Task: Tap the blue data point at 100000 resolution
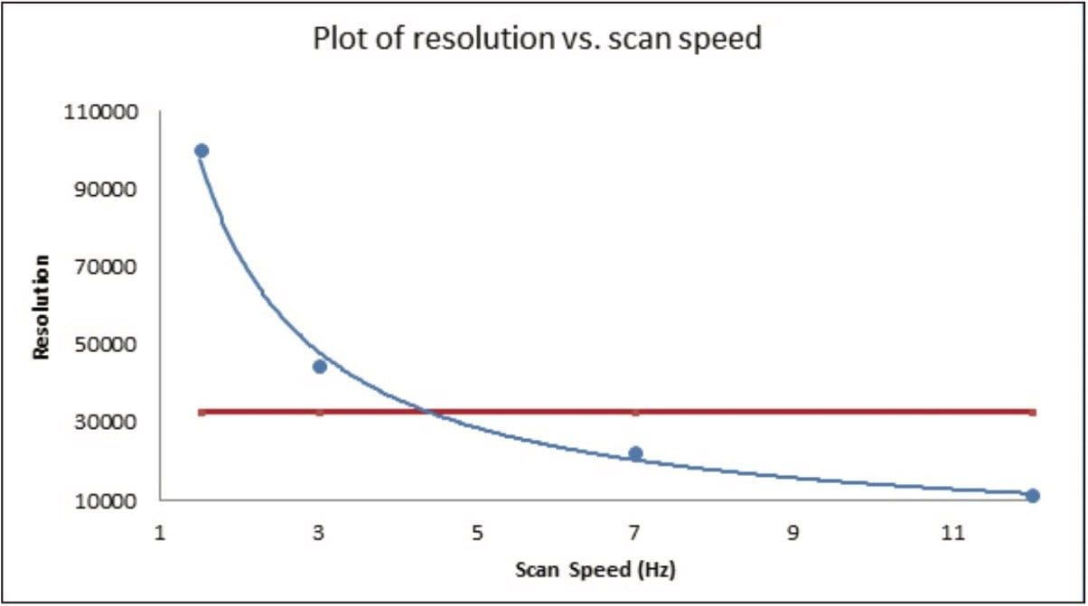click(202, 151)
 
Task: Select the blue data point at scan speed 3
click(319, 366)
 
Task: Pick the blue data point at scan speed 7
click(635, 453)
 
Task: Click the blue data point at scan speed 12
click(1033, 495)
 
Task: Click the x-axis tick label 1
click(160, 533)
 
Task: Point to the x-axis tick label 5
click(477, 533)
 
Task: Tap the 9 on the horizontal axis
click(793, 533)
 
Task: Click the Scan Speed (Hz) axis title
click(596, 571)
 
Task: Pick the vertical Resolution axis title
click(41, 306)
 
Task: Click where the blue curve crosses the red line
click(430, 413)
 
